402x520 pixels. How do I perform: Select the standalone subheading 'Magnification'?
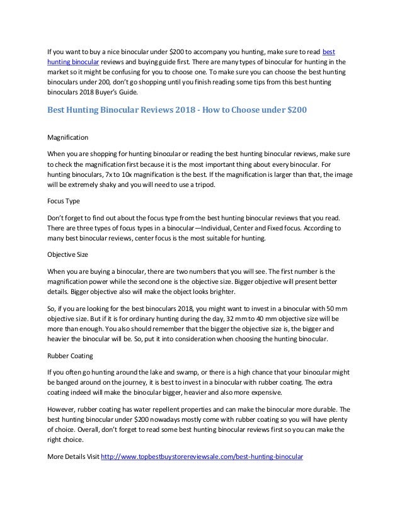tap(68, 137)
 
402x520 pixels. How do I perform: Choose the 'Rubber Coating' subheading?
tap(71, 354)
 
